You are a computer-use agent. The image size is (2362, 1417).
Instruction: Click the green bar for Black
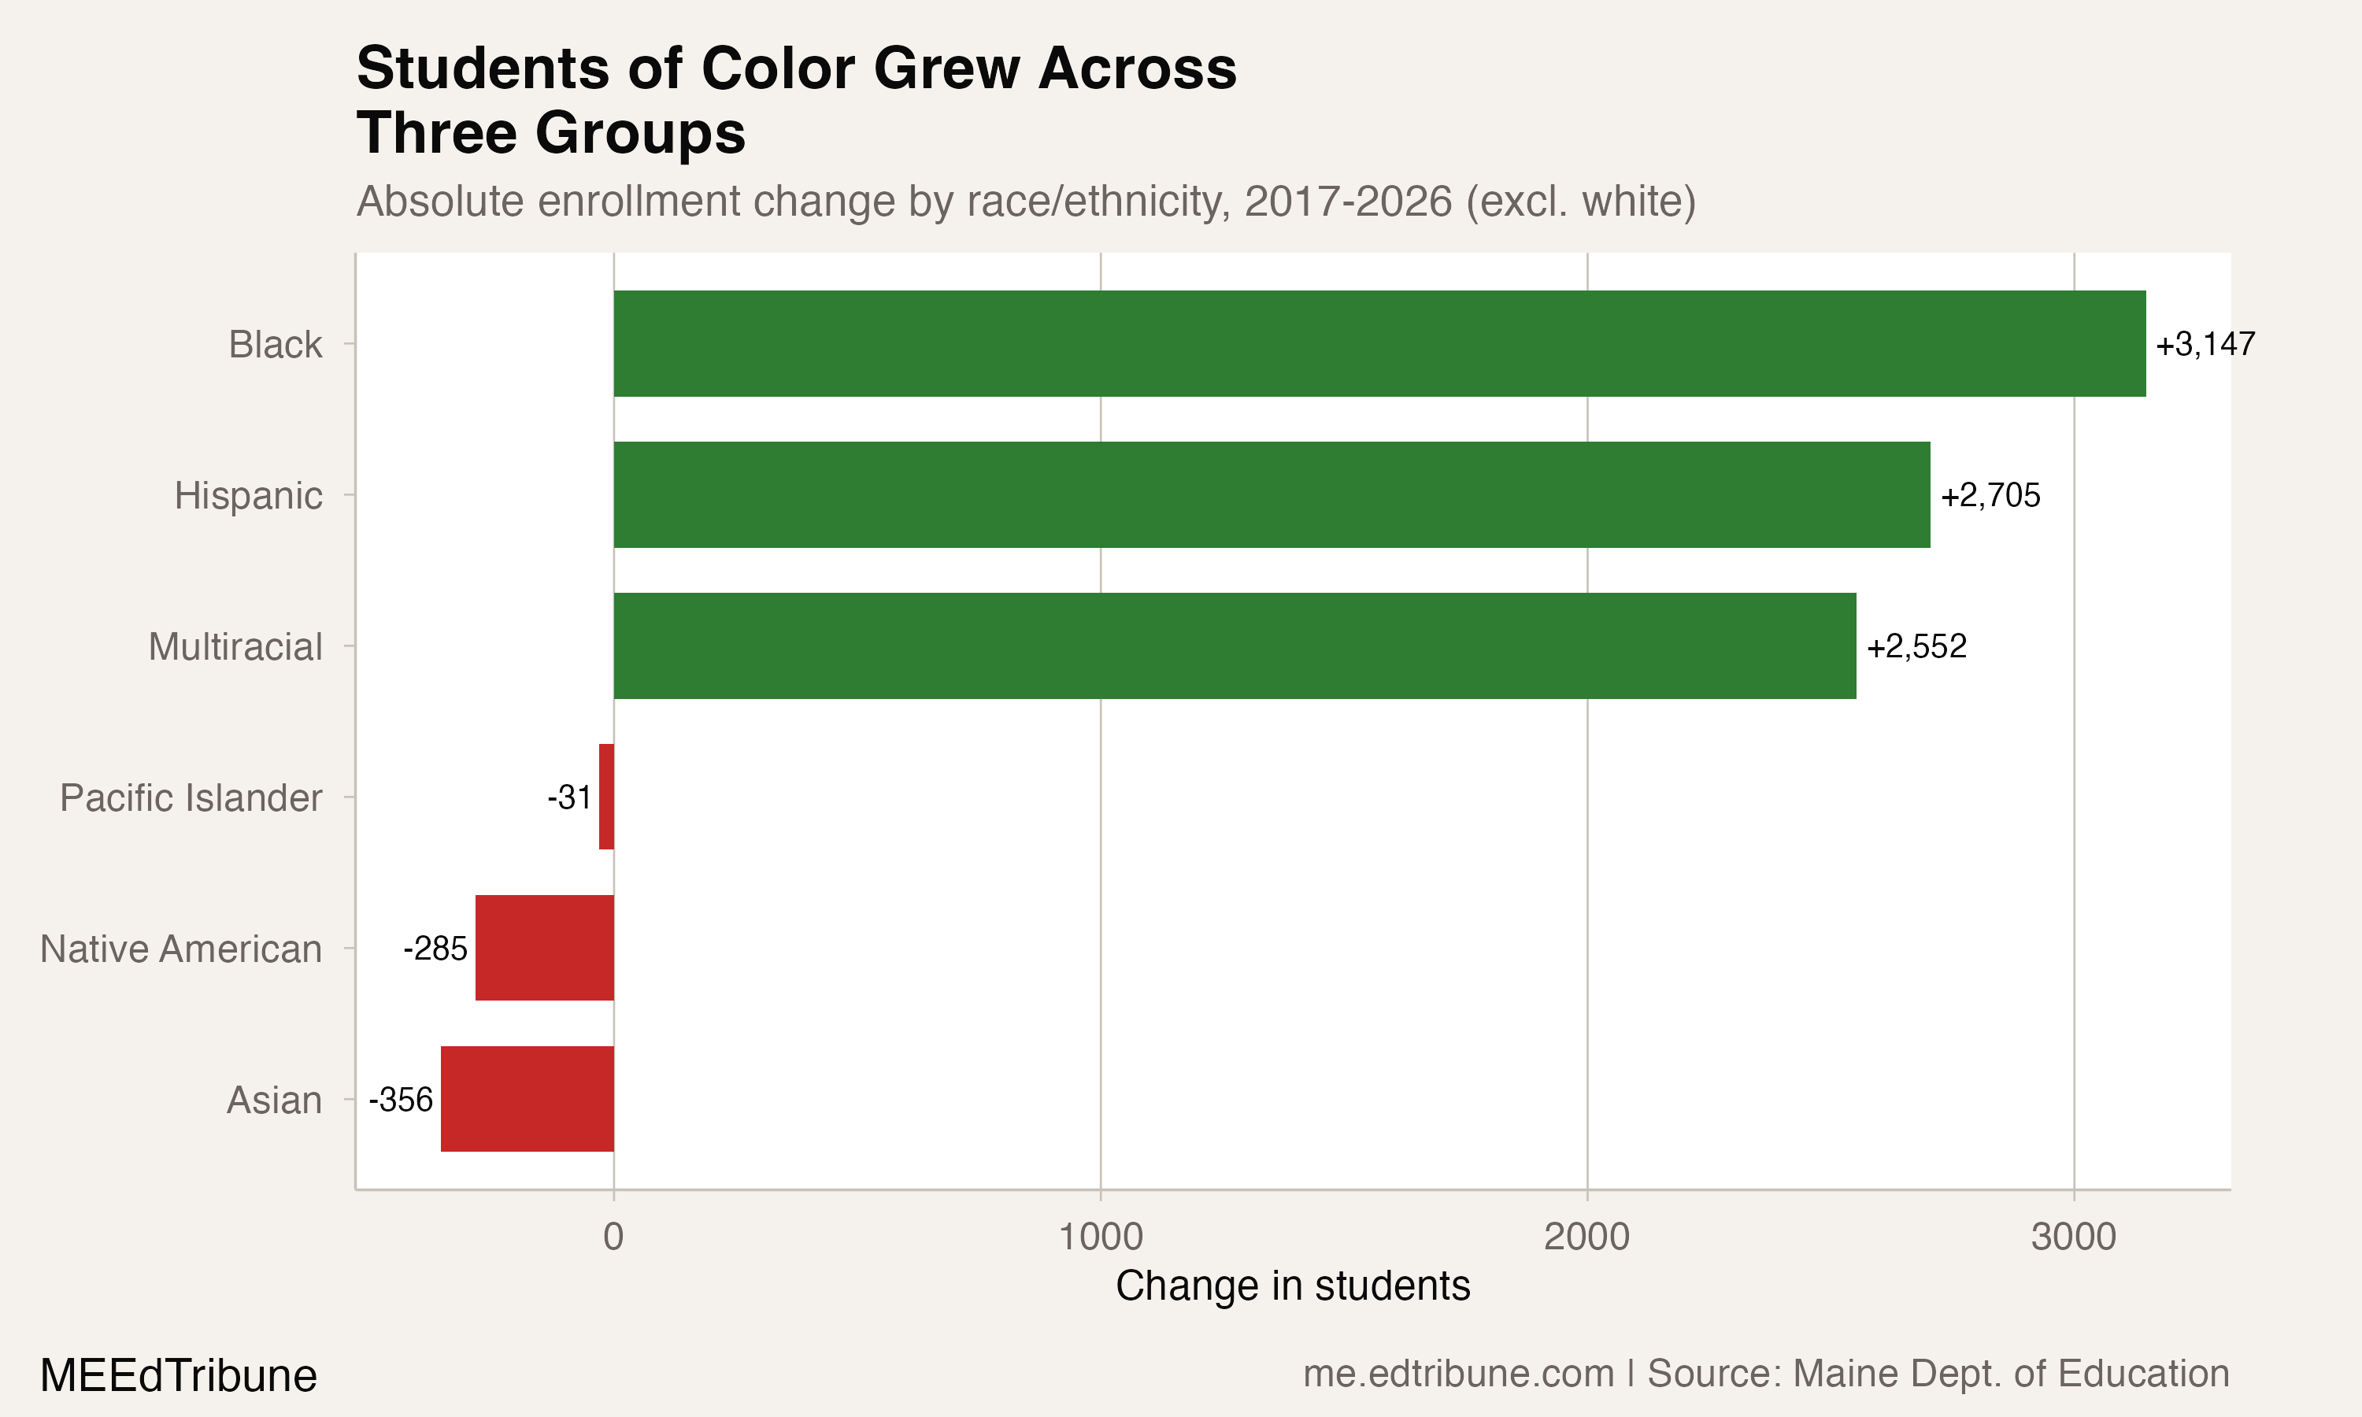(1379, 344)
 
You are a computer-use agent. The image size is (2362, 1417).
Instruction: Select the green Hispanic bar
(1272, 494)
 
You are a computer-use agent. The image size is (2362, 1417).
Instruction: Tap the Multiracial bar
(1235, 646)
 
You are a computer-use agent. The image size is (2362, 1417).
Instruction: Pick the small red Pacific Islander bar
(606, 797)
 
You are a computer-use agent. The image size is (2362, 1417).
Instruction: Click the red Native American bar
(544, 947)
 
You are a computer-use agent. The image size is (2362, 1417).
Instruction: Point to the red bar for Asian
(527, 1099)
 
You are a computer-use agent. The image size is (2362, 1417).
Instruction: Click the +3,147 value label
(2205, 344)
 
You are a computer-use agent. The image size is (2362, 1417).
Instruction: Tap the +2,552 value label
(1916, 646)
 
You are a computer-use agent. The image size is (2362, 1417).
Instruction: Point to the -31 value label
(569, 797)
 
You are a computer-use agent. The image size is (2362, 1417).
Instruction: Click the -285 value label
(435, 948)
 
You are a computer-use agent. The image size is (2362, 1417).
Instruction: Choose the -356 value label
(401, 1100)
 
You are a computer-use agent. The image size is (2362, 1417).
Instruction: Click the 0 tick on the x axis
(613, 1238)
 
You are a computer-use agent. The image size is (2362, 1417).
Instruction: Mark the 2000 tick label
(1586, 1238)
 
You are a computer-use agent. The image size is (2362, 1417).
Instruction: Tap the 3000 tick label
(2073, 1238)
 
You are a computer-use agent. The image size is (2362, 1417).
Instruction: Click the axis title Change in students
(1293, 1286)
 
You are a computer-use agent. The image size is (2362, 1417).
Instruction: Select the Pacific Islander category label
(191, 798)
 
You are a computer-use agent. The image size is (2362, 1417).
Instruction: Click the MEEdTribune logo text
(179, 1376)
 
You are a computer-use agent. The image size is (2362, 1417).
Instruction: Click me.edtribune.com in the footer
(1458, 1374)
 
